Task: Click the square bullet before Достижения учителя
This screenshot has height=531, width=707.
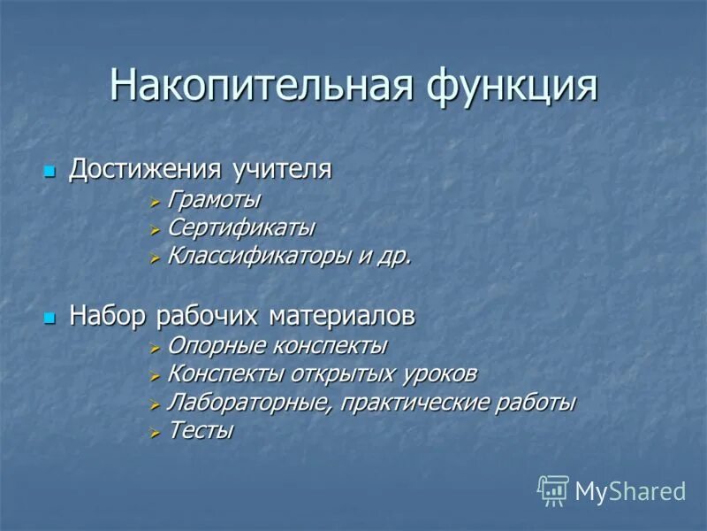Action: [50, 170]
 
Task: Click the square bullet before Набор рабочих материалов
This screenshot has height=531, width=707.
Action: [50, 316]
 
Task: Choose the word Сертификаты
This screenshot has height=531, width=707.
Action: [240, 228]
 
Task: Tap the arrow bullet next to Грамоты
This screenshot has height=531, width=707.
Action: [155, 202]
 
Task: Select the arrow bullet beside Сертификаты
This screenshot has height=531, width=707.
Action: [155, 229]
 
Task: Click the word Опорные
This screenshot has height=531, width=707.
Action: [209, 345]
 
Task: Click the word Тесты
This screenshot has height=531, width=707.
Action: [201, 431]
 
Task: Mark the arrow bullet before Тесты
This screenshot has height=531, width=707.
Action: [155, 432]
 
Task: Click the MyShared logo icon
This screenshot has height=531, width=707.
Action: [553, 490]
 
